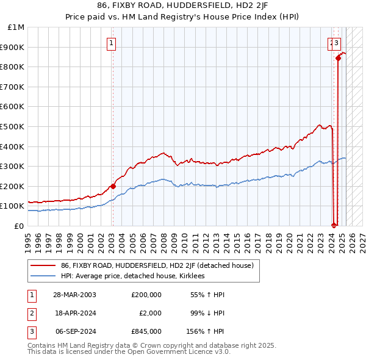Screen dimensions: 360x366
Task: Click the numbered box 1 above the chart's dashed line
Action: coord(112,43)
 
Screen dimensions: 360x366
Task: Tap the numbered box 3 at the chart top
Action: coord(337,43)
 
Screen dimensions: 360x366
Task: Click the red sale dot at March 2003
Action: coord(113,186)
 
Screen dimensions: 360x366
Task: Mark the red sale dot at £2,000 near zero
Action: coord(334,225)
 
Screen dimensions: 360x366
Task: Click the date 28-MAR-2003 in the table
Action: coord(74,295)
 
